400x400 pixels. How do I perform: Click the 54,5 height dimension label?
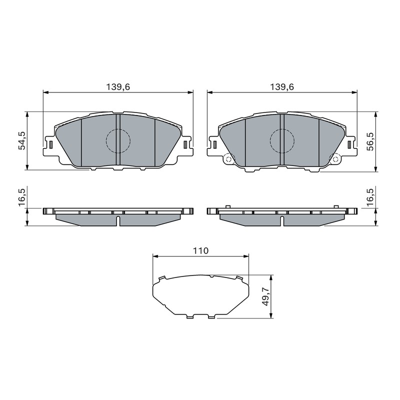(21, 140)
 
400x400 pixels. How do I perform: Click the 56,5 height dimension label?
(370, 141)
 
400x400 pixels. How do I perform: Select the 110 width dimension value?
(200, 251)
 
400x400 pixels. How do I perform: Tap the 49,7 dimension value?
(266, 296)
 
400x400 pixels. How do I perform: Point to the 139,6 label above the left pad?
(118, 87)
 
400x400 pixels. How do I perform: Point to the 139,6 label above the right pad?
(282, 87)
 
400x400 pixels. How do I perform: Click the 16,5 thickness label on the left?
(21, 197)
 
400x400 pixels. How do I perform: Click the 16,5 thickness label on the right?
(370, 197)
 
